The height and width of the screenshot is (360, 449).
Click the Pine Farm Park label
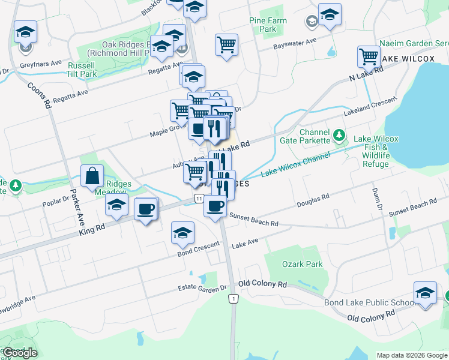tap(268, 25)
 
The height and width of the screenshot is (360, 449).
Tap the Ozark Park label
tap(302, 264)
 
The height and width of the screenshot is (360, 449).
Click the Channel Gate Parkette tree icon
tap(339, 134)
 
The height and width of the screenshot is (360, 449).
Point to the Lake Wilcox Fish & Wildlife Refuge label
tap(376, 151)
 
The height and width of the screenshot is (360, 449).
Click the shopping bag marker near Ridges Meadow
tap(93, 177)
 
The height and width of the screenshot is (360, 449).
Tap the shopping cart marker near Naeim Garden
tap(369, 57)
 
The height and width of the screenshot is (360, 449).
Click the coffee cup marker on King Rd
tap(145, 209)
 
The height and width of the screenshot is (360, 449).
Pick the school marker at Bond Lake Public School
tap(425, 293)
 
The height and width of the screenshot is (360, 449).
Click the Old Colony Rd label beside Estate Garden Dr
tap(262, 283)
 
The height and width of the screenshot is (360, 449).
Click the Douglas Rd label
tap(313, 200)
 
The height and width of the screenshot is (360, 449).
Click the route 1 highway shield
tap(234, 298)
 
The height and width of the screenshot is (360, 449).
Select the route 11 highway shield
tap(197, 198)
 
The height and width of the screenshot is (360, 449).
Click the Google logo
tap(20, 353)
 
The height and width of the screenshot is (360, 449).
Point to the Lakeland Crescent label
tap(371, 106)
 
